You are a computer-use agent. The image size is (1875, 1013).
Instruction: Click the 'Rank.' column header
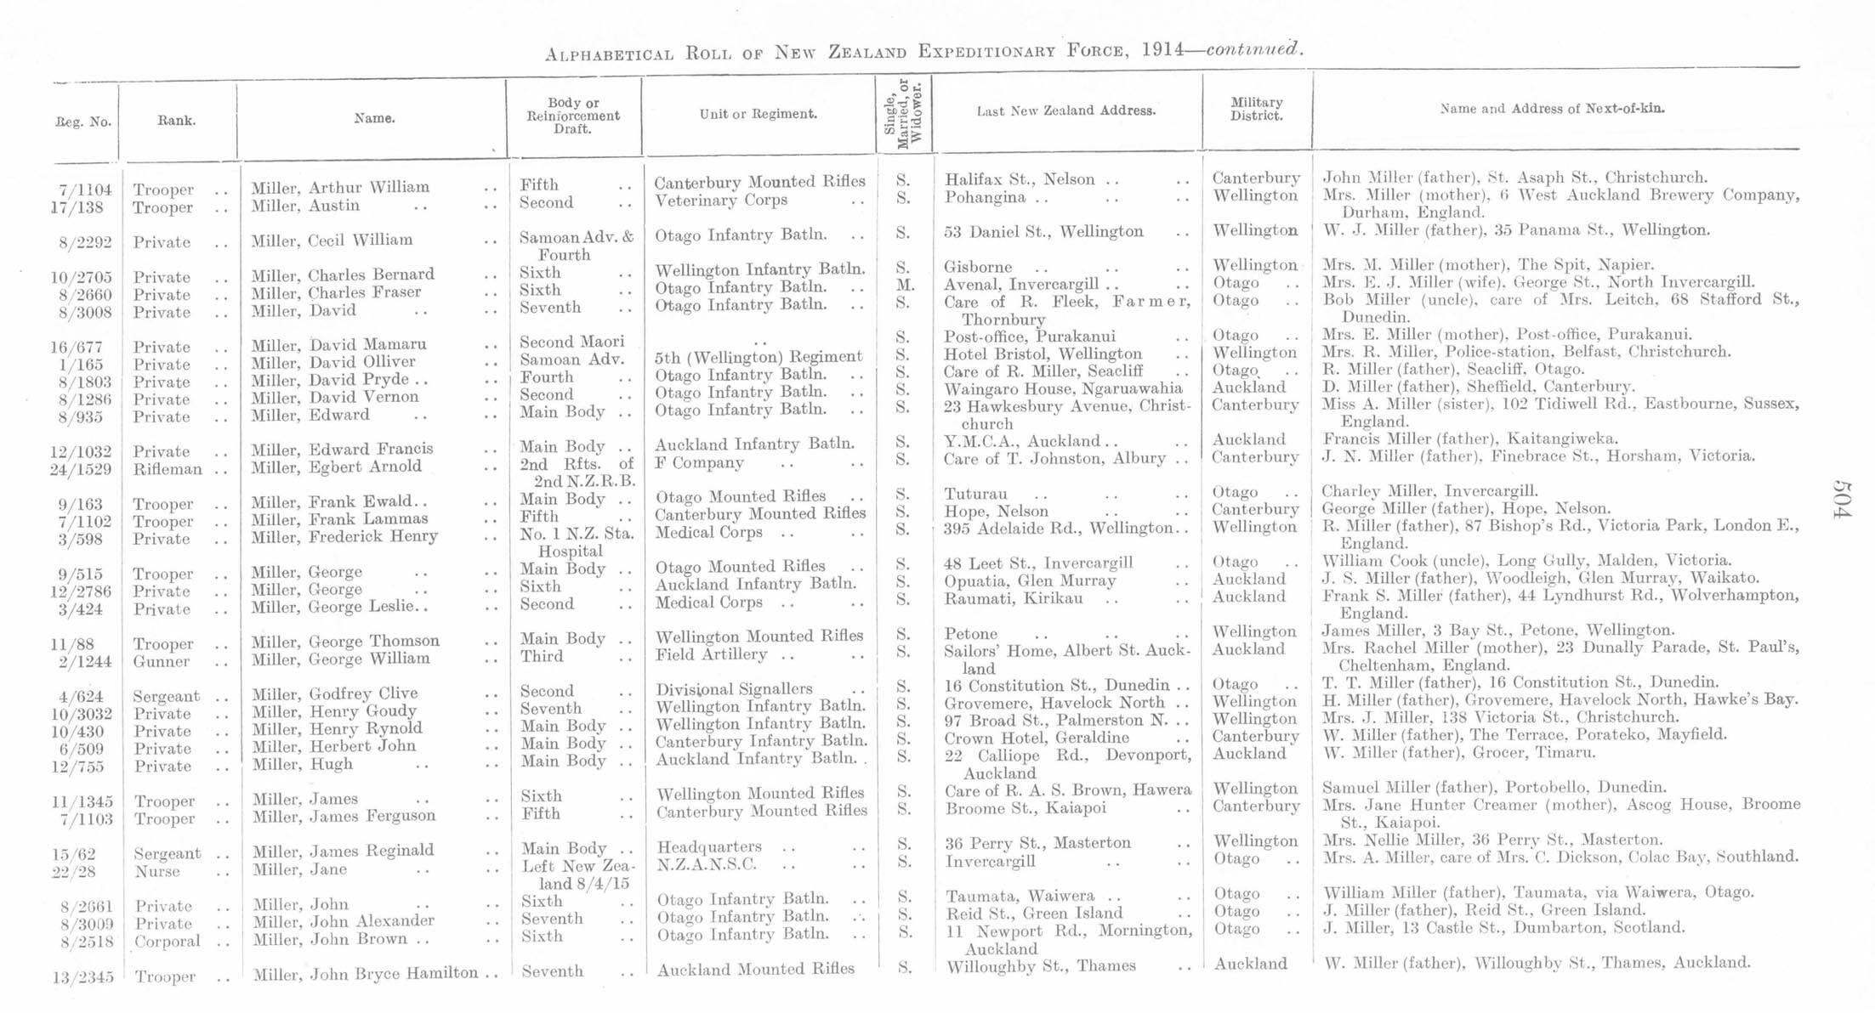click(176, 121)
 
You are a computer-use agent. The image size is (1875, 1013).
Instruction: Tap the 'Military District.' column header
click(1256, 109)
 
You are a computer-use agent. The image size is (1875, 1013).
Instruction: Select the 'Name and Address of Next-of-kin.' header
click(1552, 109)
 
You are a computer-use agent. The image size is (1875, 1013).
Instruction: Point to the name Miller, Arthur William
click(339, 188)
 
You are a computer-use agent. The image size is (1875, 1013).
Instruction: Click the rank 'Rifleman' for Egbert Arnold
click(168, 469)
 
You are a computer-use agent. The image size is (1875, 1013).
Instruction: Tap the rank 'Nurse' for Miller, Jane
click(157, 871)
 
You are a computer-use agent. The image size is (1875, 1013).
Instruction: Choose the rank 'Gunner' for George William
click(161, 661)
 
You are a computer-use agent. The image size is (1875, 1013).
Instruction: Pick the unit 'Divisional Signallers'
click(733, 689)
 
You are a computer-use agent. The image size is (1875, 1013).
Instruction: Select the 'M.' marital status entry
click(905, 285)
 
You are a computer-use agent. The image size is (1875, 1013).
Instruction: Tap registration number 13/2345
click(82, 977)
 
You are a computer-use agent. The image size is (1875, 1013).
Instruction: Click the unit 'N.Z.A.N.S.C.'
click(707, 865)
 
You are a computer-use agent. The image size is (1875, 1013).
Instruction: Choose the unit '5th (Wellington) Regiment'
click(758, 357)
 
